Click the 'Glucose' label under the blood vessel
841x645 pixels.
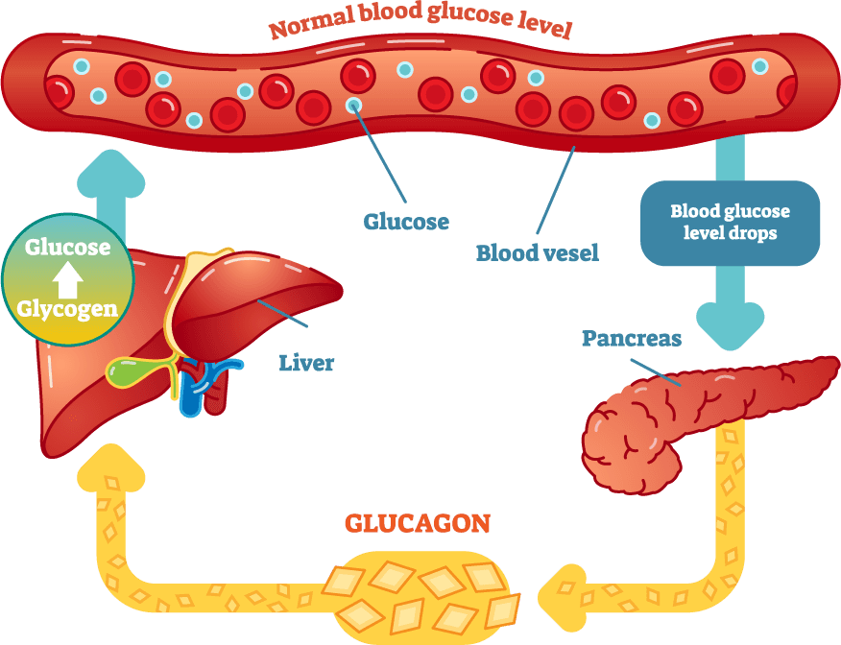click(x=406, y=222)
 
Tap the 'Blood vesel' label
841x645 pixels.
click(x=538, y=253)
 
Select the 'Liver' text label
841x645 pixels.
click(x=306, y=363)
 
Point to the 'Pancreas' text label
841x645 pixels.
click(x=632, y=338)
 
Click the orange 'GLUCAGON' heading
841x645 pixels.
click(x=418, y=524)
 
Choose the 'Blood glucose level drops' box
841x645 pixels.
click(x=730, y=223)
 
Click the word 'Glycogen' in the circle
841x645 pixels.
click(x=67, y=309)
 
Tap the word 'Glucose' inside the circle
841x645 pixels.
click(x=67, y=248)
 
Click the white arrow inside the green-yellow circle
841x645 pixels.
click(x=67, y=278)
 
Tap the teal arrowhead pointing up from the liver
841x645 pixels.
click(x=111, y=173)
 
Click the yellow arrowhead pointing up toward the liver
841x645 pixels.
click(x=111, y=467)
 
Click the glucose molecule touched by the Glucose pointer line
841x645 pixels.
click(x=353, y=105)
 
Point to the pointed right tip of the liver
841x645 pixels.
click(x=340, y=291)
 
